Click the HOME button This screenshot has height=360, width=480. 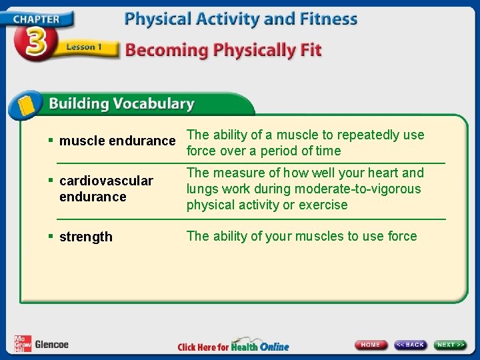click(x=371, y=345)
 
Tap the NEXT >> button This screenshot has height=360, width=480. click(x=451, y=345)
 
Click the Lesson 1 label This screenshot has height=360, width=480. click(x=83, y=47)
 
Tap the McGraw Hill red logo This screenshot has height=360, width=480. click(x=23, y=343)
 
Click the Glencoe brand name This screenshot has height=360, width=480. click(x=51, y=345)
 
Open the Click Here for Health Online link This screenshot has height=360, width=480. click(x=233, y=346)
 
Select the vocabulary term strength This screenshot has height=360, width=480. click(x=86, y=237)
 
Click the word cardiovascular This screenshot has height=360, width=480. click(x=106, y=181)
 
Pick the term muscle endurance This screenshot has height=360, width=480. click(x=117, y=141)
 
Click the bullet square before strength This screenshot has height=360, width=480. click(x=51, y=237)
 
